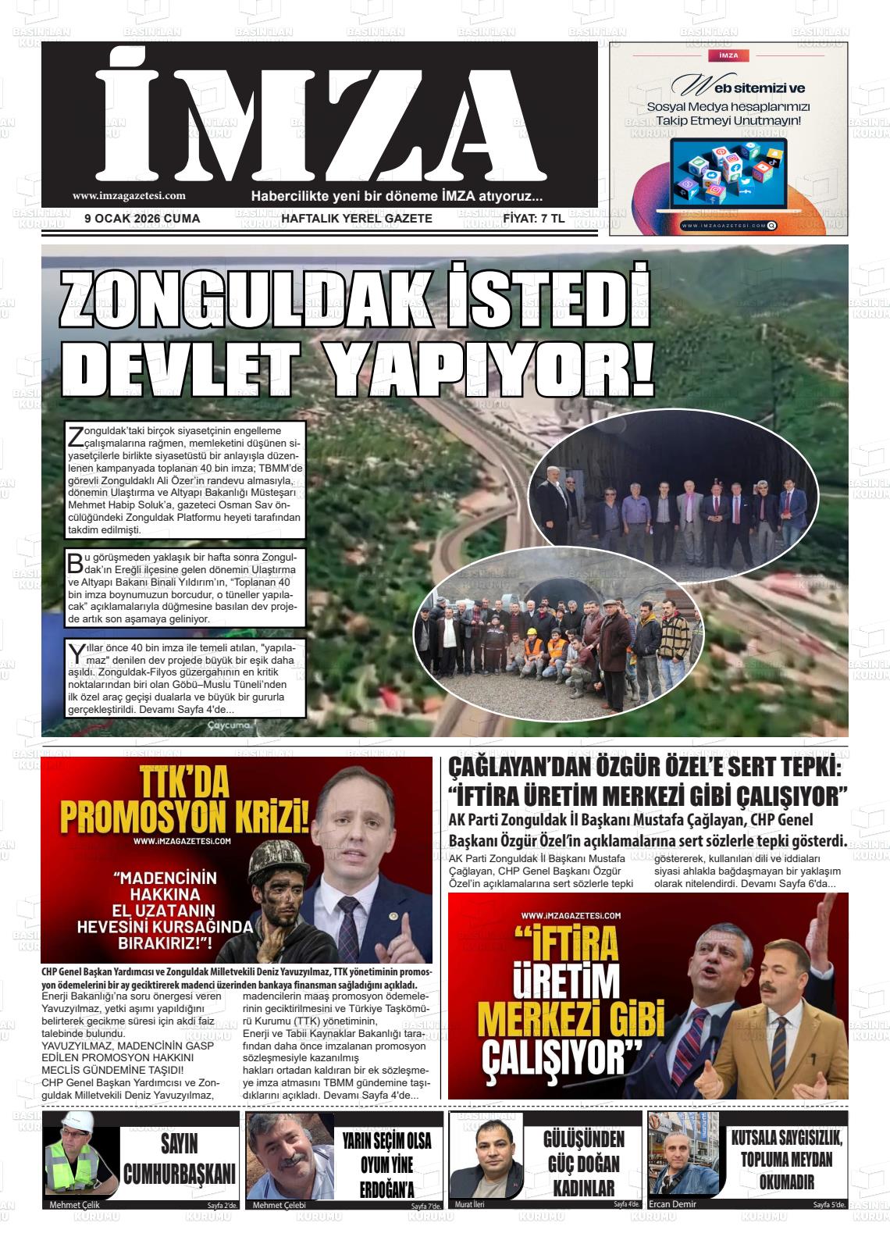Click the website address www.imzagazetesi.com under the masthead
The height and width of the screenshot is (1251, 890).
[129, 196]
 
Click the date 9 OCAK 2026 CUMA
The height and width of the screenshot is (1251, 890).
[142, 219]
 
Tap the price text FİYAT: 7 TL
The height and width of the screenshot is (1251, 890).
[533, 219]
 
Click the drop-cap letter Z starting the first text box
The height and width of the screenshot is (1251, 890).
[76, 435]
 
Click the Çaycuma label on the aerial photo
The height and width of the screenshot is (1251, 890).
[229, 726]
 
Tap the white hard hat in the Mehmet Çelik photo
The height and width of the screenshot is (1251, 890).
[77, 1122]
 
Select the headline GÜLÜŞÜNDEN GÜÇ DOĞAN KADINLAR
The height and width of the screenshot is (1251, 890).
[584, 1163]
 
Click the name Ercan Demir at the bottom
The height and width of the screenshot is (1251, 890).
[672, 1203]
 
